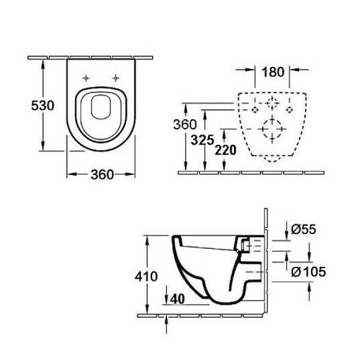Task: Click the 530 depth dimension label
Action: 43,106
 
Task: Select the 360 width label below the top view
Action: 102,174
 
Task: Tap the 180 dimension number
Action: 272,72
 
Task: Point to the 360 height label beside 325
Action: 185,124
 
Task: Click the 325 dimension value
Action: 202,140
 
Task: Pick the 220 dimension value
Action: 225,150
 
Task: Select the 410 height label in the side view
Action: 146,276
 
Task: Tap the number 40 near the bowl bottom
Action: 178,299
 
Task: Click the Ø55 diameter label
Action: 304,229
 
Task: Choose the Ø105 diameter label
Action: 308,272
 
